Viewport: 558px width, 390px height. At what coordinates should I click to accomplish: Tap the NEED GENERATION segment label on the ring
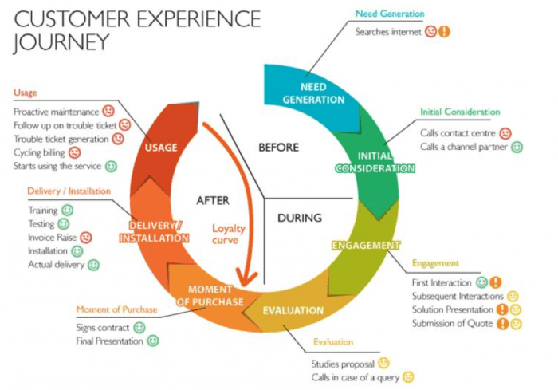coord(312,93)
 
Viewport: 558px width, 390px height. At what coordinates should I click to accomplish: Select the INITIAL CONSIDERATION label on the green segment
coord(375,162)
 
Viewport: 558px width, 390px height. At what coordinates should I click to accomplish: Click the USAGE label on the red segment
coord(162,147)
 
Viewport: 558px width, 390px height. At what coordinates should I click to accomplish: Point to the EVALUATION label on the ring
coord(293,310)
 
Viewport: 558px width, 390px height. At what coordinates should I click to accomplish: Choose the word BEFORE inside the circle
coord(278,147)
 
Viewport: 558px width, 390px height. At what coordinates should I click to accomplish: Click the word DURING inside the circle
coord(300,217)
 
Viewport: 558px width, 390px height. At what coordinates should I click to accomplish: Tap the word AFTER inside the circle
coord(213,200)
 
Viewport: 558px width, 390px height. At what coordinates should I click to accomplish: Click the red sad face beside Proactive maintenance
coord(108,112)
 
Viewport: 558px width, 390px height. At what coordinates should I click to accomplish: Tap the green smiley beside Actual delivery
coord(93,264)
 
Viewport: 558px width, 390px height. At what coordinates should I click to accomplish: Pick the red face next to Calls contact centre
coord(505,133)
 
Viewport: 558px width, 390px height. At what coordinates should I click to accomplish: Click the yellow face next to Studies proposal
coord(383,363)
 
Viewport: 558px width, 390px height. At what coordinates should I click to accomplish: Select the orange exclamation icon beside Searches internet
coord(445,32)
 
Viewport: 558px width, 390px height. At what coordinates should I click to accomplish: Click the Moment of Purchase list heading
coord(116,309)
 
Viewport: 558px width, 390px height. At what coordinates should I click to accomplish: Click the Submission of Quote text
coord(452,323)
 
